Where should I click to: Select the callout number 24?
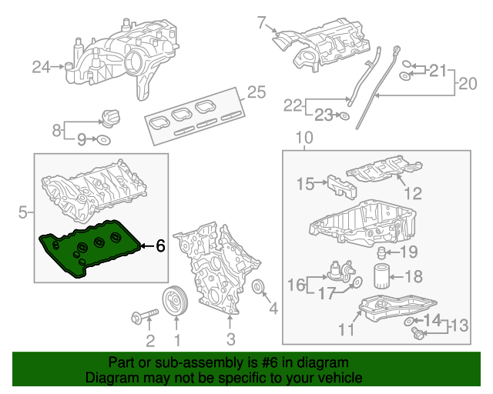click(x=41, y=68)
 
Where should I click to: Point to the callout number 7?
click(x=261, y=21)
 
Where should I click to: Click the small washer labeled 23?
click(x=344, y=116)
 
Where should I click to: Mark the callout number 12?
click(x=414, y=193)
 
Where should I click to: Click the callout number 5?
click(x=23, y=211)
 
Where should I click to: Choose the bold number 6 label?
click(x=159, y=246)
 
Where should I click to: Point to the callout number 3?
click(x=230, y=339)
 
